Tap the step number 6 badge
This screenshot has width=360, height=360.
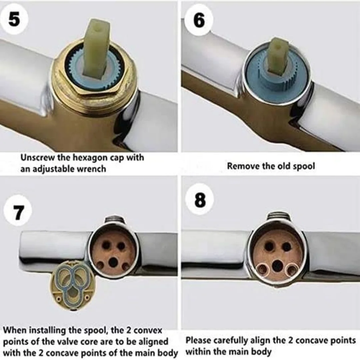pos(199,20)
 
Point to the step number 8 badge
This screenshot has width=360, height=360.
pos(200,200)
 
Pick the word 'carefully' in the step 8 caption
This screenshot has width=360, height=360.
pos(229,340)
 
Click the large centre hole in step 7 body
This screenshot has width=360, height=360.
pos(113,262)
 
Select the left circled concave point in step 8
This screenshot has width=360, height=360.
pos(262,270)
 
